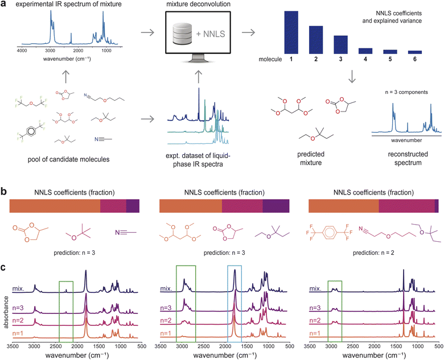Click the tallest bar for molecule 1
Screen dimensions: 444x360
click(x=291, y=32)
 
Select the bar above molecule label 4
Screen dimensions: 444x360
click(x=365, y=51)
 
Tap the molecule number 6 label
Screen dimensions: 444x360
click(x=415, y=59)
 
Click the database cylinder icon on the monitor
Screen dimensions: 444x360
click(x=182, y=34)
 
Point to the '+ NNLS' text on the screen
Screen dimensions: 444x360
click(x=211, y=34)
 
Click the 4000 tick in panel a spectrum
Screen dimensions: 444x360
click(x=22, y=51)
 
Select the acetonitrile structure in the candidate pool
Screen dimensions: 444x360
click(x=104, y=139)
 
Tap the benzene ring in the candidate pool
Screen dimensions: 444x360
click(x=31, y=130)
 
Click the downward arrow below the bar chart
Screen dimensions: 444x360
click(x=352, y=76)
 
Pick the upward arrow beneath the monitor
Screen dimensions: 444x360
click(x=199, y=76)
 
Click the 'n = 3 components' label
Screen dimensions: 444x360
click(x=406, y=92)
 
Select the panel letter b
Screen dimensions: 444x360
click(x=3, y=191)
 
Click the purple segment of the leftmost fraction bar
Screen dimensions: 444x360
click(x=133, y=206)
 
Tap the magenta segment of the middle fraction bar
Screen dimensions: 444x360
click(x=242, y=206)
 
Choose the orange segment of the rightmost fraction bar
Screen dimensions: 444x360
click(x=343, y=206)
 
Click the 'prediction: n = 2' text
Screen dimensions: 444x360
click(x=373, y=253)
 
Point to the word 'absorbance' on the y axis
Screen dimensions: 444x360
click(x=6, y=312)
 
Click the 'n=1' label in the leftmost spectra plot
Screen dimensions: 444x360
click(x=18, y=333)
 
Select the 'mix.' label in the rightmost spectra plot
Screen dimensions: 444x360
click(x=315, y=289)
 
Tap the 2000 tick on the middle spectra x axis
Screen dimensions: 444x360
click(x=225, y=346)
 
